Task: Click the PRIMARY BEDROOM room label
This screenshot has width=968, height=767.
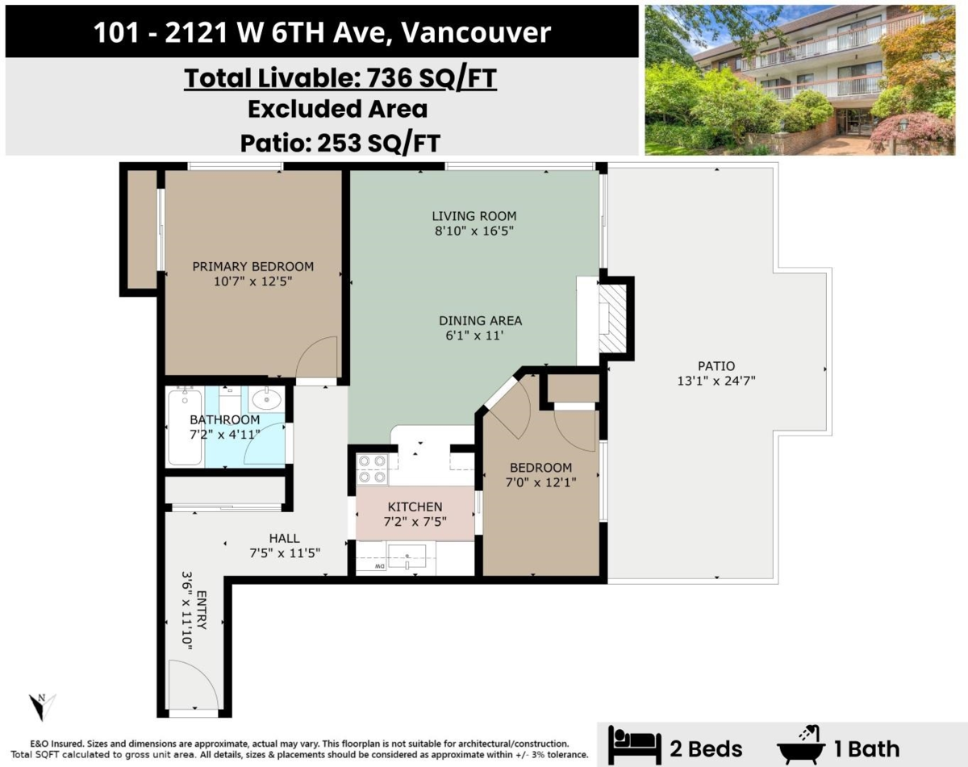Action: click(x=252, y=267)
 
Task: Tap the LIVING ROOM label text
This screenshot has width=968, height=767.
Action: click(x=474, y=216)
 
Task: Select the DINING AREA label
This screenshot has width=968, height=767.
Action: click(x=480, y=320)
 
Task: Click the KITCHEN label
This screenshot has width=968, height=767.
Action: click(x=415, y=506)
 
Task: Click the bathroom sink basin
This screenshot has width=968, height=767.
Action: click(x=265, y=398)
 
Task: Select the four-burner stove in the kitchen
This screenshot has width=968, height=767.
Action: click(x=372, y=469)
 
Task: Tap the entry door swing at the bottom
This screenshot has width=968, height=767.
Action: click(x=194, y=686)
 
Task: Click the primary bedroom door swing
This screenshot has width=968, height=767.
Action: click(x=317, y=360)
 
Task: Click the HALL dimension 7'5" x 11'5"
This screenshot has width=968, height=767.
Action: click(x=285, y=553)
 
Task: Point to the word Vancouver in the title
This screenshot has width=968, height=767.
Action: click(x=476, y=32)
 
